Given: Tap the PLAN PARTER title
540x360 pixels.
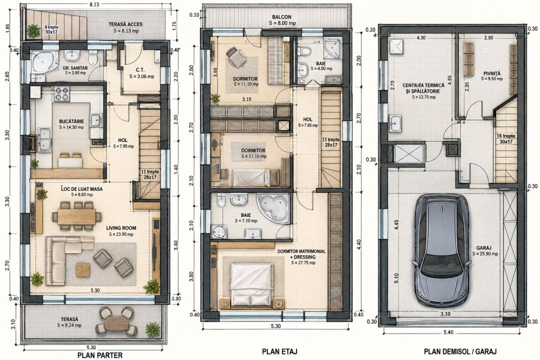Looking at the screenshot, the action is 100,355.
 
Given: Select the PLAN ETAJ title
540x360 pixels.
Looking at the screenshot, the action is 279,351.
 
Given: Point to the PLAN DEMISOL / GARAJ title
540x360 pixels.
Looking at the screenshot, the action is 460,351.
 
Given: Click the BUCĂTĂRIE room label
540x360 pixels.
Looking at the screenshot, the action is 71,121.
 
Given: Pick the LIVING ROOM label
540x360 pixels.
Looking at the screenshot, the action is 121,228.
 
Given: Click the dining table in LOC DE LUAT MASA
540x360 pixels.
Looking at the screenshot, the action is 76,216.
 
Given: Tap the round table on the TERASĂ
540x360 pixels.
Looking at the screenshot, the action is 116,323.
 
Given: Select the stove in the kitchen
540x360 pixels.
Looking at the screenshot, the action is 61,93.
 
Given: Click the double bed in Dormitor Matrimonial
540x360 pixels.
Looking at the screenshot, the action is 251,284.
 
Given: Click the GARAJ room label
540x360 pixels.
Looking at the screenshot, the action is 484,248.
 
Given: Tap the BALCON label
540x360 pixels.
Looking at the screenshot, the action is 281,17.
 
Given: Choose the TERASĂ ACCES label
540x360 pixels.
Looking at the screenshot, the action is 125,24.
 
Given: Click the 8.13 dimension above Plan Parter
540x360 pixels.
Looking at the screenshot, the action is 93,4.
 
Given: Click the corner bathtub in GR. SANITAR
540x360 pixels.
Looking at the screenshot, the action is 45,62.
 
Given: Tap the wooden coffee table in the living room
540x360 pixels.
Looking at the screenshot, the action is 82,269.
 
